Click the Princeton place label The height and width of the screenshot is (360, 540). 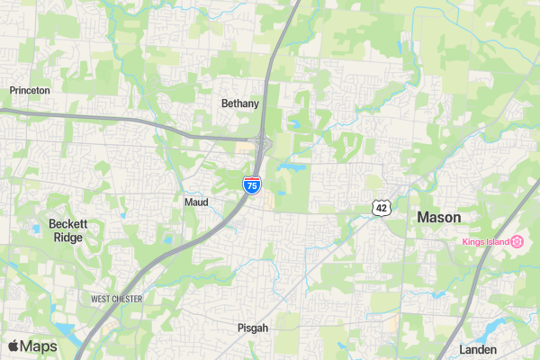pos(30,91)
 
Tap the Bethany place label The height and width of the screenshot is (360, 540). pos(240,103)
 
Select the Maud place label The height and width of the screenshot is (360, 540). pos(196,202)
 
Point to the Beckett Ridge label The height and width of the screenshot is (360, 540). pos(67,230)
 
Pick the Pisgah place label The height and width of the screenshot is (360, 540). pos(253,328)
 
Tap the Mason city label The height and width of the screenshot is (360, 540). pos(439,218)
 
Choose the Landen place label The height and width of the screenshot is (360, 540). pos(478,349)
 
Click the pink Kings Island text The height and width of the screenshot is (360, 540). pos(485,241)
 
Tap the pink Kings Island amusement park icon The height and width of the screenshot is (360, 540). pos(517,241)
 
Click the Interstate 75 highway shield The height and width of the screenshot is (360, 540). pos(252,185)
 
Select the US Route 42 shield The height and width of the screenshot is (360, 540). pos(382,208)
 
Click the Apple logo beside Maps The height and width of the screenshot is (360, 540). pos(14,346)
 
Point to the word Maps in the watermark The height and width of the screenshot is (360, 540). pos(39,346)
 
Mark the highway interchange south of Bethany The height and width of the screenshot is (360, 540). pos(261,142)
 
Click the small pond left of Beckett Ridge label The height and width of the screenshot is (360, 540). pos(35,229)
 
